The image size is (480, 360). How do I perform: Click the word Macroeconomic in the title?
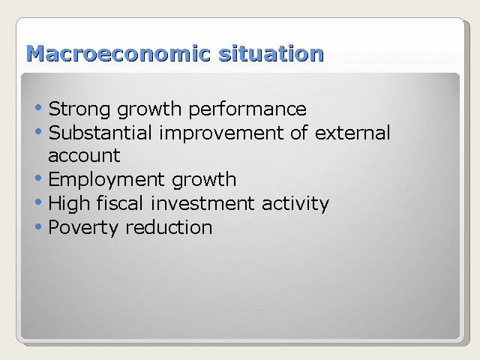[118, 53]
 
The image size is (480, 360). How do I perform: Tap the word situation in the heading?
[271, 53]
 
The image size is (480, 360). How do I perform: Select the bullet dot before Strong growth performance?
[38, 107]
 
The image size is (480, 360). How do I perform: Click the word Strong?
[79, 109]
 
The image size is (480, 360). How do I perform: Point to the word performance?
[247, 109]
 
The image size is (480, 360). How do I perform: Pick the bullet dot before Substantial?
[38, 132]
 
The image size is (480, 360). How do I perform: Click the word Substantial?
[100, 133]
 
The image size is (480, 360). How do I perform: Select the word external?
[352, 133]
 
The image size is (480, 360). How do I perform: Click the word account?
[84, 156]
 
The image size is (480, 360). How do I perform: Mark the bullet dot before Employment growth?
[38, 178]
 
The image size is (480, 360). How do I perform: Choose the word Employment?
[106, 179]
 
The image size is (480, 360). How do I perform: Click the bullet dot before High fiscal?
[38, 202]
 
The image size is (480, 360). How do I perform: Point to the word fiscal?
[120, 202]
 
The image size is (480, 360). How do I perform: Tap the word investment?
[202, 203]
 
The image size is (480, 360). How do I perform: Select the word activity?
[295, 203]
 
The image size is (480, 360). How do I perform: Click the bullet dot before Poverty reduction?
[38, 226]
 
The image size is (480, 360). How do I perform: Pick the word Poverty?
[83, 228]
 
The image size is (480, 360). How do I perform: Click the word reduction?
[169, 226]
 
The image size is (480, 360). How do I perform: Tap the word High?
[69, 203]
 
